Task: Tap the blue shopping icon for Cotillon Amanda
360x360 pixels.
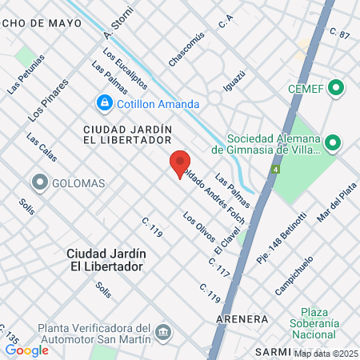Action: click(104, 102)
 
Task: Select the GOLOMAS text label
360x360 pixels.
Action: click(78, 183)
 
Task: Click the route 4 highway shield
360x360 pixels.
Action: click(276, 170)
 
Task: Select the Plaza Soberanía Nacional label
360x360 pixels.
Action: click(328, 322)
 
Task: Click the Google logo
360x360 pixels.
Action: click(26, 350)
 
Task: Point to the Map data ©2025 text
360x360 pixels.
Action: click(326, 353)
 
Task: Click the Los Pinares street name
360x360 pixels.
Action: click(48, 102)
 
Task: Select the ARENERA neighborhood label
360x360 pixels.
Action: click(241, 318)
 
